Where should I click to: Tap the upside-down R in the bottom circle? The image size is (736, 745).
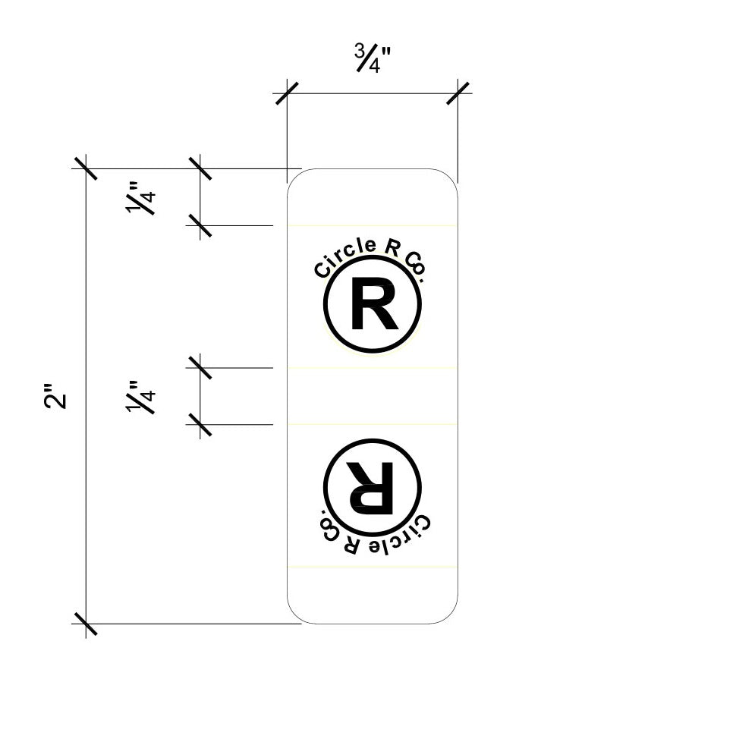370,488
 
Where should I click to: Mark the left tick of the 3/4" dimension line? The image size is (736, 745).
287,93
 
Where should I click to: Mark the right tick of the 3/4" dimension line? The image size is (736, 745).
458,93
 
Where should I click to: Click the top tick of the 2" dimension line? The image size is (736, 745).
86,168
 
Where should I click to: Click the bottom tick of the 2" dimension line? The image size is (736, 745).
86,624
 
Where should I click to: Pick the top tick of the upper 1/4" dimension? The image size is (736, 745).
200,168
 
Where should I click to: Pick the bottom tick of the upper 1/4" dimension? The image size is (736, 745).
200,225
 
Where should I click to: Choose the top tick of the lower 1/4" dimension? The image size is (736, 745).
200,368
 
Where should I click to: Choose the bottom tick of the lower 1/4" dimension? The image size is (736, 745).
200,425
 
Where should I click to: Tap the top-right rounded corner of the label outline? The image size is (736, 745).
450,177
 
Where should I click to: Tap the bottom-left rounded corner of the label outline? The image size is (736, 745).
295,616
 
